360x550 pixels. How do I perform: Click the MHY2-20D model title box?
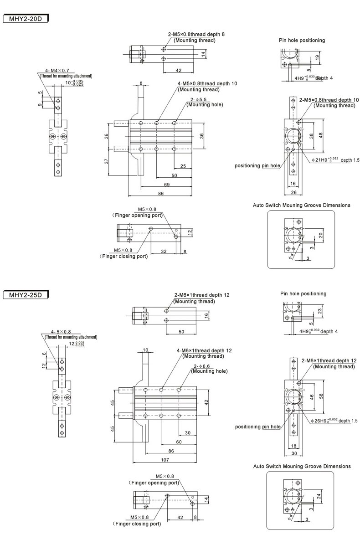pyautogui.click(x=26, y=19)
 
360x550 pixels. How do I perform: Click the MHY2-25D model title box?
pyautogui.click(x=26, y=294)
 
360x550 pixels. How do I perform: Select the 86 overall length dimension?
pyautogui.click(x=160, y=194)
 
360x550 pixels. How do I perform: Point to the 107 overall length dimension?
pyautogui.click(x=164, y=459)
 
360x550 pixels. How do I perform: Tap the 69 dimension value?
pyautogui.click(x=167, y=184)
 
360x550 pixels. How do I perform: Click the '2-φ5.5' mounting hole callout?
pyautogui.click(x=199, y=99)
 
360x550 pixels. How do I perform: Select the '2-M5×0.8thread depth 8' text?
pyautogui.click(x=196, y=35)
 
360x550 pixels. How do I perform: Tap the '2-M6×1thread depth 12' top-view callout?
pyautogui.click(x=201, y=295)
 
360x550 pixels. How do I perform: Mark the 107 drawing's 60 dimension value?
pyautogui.click(x=179, y=442)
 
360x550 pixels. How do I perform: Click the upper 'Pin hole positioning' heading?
pyautogui.click(x=302, y=40)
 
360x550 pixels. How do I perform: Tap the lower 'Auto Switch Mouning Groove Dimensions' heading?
pyautogui.click(x=302, y=466)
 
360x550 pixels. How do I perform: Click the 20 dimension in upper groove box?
pyautogui.click(x=321, y=236)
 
